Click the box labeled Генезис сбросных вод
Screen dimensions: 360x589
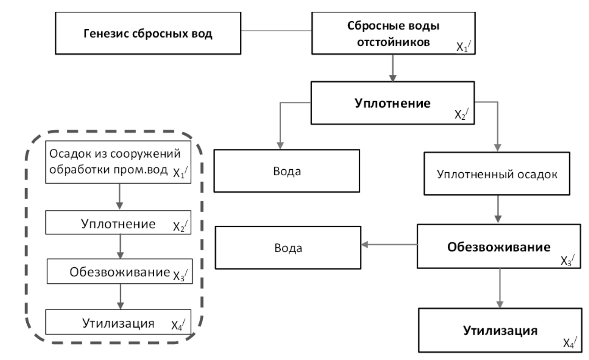[148, 34]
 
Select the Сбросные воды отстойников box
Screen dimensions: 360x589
[393, 34]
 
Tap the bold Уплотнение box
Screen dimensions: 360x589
[392, 104]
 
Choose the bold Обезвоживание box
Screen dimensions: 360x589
[499, 248]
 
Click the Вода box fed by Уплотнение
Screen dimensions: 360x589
[286, 171]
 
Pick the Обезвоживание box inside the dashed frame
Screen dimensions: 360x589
[119, 272]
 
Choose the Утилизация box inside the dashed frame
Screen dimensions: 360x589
[119, 322]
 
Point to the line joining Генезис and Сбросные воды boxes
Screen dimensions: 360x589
[276, 31]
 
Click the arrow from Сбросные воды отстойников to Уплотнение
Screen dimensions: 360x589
[392, 68]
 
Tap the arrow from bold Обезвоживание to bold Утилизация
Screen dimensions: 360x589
[499, 286]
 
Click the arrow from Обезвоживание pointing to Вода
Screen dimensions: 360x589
[389, 245]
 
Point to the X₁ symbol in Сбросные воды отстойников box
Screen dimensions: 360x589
[465, 47]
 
